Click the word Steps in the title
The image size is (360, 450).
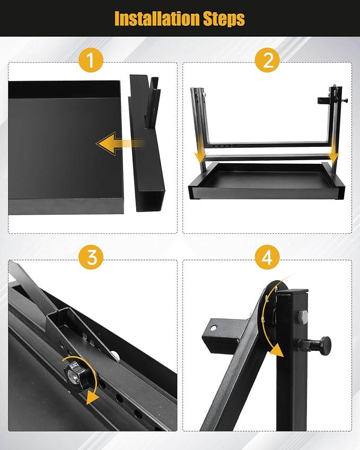coord(224,19)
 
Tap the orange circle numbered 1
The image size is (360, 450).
coord(91,60)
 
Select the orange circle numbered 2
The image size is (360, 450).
coord(267,60)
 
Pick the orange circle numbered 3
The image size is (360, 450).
coord(91,258)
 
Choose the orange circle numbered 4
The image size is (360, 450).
coord(267,258)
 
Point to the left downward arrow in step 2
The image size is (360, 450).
coord(200,157)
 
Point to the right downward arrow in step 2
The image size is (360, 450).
coord(333,157)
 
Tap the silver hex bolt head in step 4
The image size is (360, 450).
coord(303,317)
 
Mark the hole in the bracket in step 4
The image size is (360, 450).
coord(214,328)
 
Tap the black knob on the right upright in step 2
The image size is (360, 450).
coord(346,100)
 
